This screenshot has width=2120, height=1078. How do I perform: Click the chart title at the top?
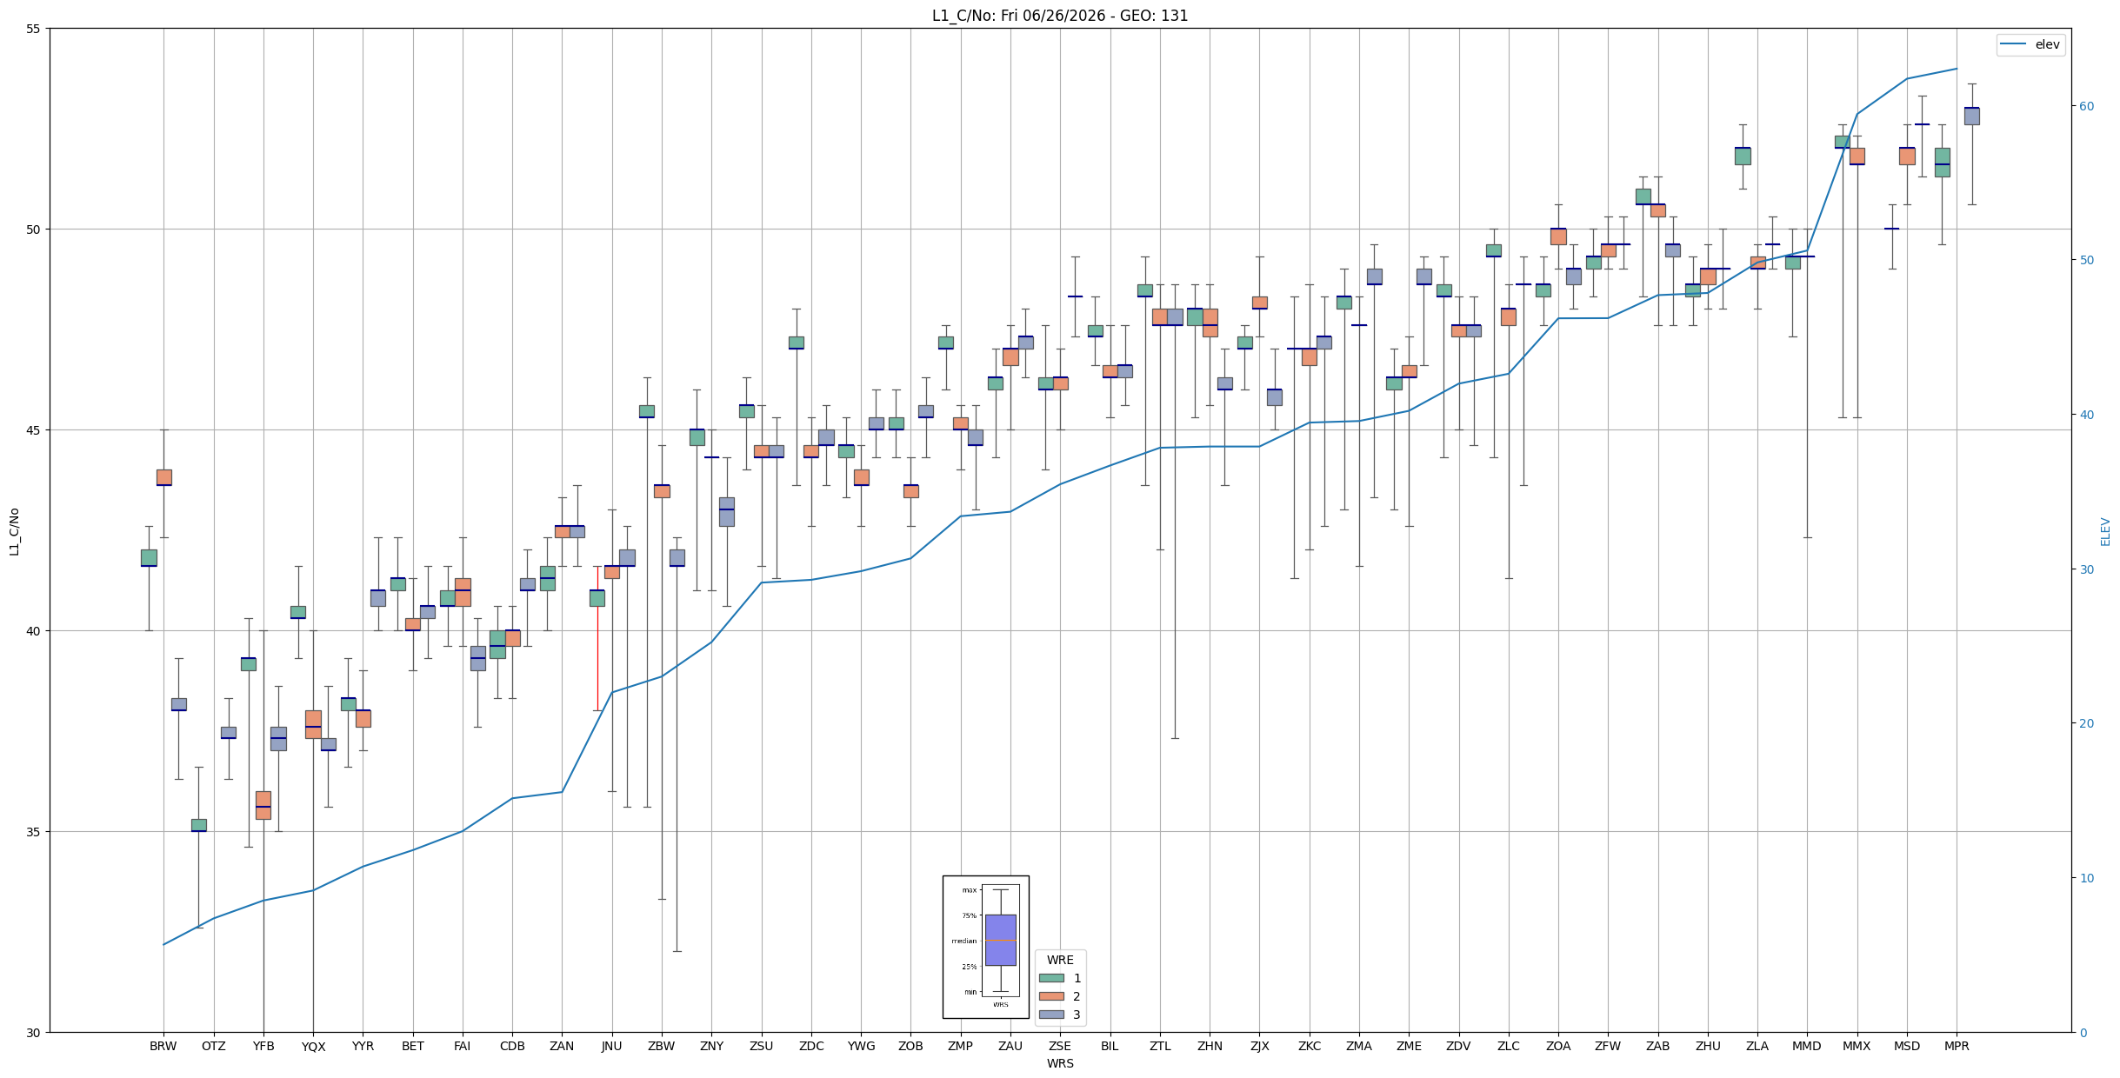coord(1060,16)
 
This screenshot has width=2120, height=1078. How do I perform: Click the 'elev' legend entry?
coord(2030,44)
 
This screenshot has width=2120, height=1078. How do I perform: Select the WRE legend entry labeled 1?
coord(1060,978)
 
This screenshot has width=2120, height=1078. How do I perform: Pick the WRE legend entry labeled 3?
coord(1060,1015)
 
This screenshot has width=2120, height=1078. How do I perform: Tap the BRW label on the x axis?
coord(163,1046)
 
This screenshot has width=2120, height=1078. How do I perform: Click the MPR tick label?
coord(1957,1046)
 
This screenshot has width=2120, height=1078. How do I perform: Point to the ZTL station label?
coord(1160,1046)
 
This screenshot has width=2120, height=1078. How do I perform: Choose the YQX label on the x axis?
coord(313,1047)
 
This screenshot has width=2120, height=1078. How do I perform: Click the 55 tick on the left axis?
coord(34,29)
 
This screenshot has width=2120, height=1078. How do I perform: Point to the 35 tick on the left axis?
coord(34,832)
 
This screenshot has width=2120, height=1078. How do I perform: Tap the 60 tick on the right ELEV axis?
coord(2086,106)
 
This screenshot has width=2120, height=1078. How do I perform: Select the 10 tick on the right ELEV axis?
coord(2086,878)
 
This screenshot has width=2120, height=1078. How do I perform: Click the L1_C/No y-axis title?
coord(14,530)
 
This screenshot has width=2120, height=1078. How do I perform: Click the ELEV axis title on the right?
coord(2106,531)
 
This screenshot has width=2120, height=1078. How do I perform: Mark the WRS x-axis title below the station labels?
coord(1060,1063)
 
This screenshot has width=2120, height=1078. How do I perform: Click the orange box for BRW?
coord(164,477)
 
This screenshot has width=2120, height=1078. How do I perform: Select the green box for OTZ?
coord(199,825)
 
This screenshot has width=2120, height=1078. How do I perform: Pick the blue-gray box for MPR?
coord(1972,116)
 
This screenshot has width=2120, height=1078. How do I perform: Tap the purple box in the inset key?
coord(1001,940)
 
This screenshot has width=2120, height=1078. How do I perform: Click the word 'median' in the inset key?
coord(964,941)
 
